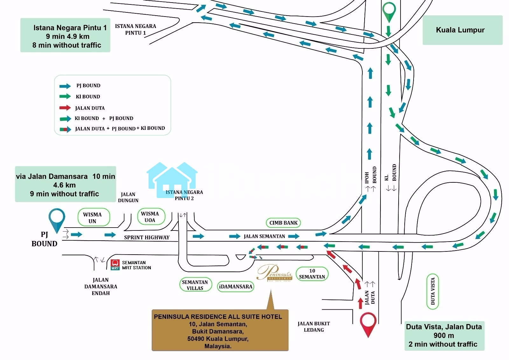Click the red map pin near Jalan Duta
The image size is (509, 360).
(x=368, y=323)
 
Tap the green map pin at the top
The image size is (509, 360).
(x=389, y=11)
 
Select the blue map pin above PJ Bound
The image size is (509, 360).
(x=57, y=219)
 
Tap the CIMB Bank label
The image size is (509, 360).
(x=283, y=223)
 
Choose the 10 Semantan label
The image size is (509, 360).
(x=312, y=274)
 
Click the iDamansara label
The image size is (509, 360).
(x=236, y=286)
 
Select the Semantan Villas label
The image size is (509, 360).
(x=195, y=285)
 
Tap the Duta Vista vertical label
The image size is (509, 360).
(x=432, y=291)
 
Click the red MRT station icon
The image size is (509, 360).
(x=115, y=265)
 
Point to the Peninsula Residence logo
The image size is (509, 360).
(x=275, y=273)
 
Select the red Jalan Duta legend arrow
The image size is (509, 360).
(x=65, y=108)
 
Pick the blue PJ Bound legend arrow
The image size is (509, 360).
(x=65, y=86)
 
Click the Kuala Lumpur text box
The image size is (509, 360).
(x=462, y=30)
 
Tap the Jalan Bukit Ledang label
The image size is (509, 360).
(x=314, y=327)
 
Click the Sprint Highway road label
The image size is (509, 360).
(x=147, y=237)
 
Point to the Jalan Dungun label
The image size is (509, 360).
(x=128, y=197)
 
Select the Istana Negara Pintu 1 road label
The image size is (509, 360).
(x=136, y=29)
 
